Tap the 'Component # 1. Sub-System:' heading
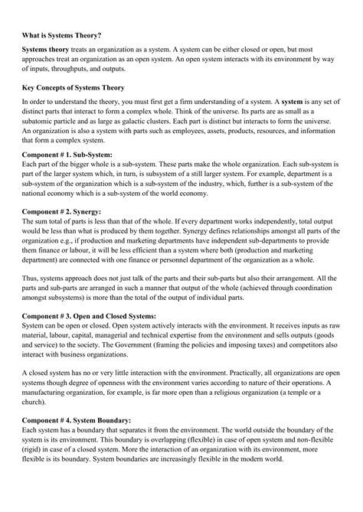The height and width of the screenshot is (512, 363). click(67, 154)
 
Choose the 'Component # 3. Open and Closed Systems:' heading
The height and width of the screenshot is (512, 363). click(90, 315)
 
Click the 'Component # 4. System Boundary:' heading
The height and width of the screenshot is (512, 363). click(75, 419)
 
